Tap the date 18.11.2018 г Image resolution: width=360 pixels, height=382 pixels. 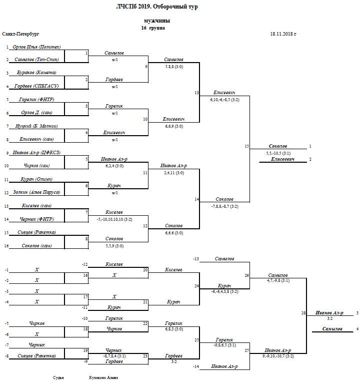click(283, 34)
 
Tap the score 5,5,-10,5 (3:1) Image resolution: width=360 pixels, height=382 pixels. click(279, 153)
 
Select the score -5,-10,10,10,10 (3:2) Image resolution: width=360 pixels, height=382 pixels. click(114, 219)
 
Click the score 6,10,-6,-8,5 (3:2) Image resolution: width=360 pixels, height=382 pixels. click(224, 100)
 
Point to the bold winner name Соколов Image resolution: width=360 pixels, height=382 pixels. click(277, 146)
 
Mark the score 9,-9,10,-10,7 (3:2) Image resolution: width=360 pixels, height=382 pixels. click(278, 356)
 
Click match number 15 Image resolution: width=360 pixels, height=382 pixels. click(246, 146)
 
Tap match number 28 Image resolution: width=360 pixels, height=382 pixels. click(303, 313)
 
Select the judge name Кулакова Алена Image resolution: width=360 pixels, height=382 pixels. click(100, 377)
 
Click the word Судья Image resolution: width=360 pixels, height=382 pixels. click(58, 377)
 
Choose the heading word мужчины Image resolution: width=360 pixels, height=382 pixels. click(156, 21)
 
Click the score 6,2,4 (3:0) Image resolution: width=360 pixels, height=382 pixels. click(114, 165)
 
